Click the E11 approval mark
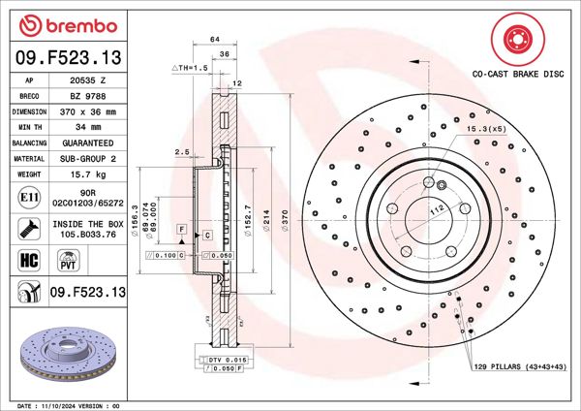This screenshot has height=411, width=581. [29, 199]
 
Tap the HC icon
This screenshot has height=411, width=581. [29, 260]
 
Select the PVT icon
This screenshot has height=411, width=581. [69, 260]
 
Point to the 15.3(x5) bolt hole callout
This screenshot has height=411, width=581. [485, 129]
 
